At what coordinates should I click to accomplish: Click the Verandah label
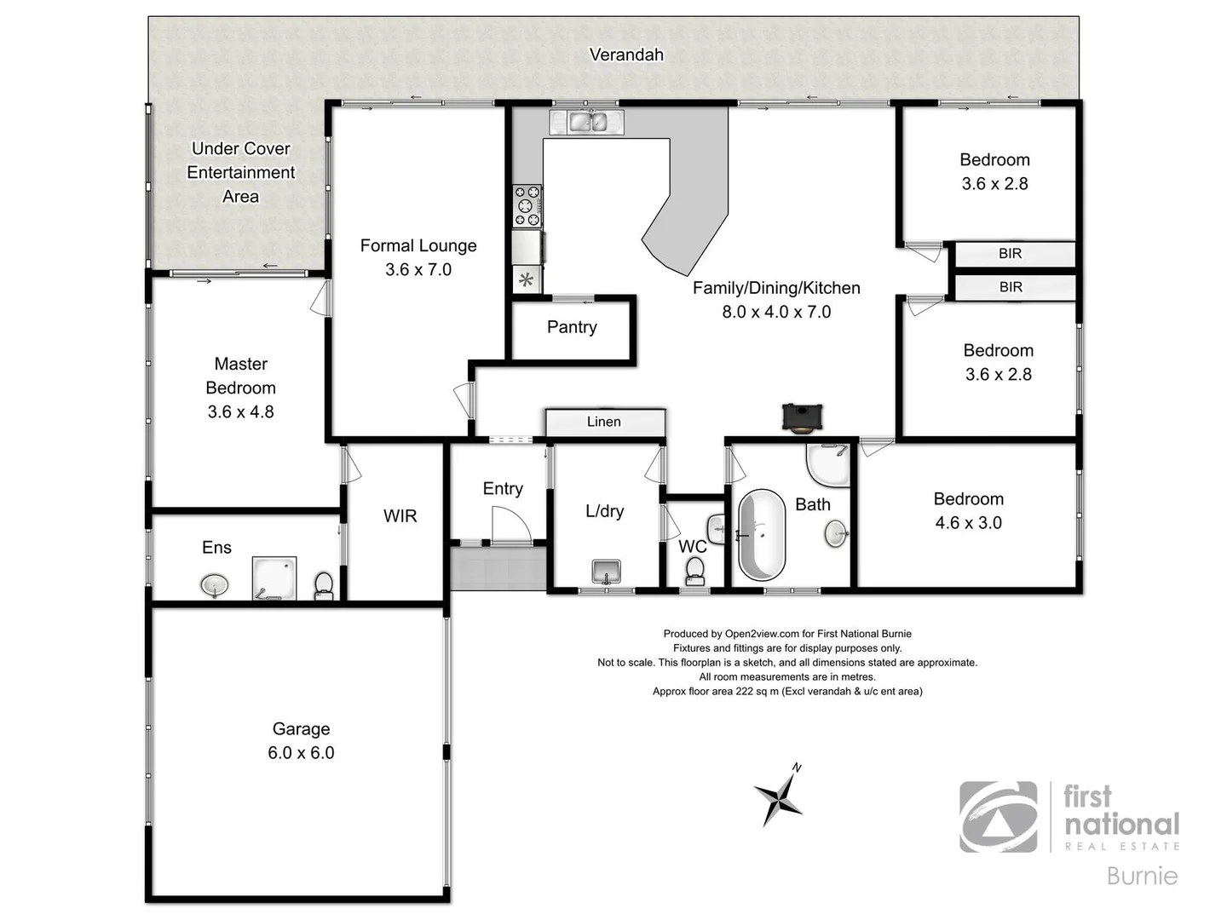pyautogui.click(x=626, y=55)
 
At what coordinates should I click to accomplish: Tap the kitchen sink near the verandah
pyautogui.click(x=588, y=122)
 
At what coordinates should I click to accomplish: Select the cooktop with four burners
pyautogui.click(x=527, y=206)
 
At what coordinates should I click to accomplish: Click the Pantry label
pyautogui.click(x=572, y=327)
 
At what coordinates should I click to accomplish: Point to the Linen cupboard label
pyautogui.click(x=603, y=422)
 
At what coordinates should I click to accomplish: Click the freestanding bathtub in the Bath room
pyautogui.click(x=761, y=535)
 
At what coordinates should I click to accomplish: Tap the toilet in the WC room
pyautogui.click(x=695, y=570)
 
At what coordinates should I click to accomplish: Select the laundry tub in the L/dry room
pyautogui.click(x=606, y=571)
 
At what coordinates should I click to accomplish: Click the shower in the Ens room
pyautogui.click(x=274, y=578)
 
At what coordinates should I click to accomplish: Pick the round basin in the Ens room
pyautogui.click(x=215, y=585)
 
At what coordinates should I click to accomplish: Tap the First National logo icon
pyautogui.click(x=999, y=817)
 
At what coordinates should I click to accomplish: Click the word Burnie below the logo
pyautogui.click(x=1142, y=876)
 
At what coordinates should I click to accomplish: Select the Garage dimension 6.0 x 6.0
pyautogui.click(x=301, y=753)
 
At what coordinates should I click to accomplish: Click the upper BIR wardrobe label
pyautogui.click(x=1011, y=254)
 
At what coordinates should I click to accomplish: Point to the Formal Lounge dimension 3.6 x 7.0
pyautogui.click(x=418, y=270)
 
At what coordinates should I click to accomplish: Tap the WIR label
pyautogui.click(x=400, y=516)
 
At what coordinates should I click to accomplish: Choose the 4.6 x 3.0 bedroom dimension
pyautogui.click(x=968, y=523)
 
